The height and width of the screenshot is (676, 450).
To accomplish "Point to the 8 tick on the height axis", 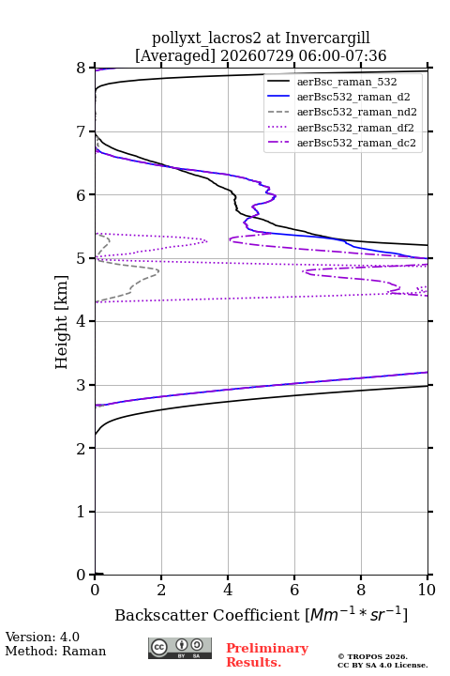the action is coord(81,69).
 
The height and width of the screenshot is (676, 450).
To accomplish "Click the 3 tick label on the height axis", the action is coord(81,385).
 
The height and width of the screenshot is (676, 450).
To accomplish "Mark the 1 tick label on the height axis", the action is coord(81,512).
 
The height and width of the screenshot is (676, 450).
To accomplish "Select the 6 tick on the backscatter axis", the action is coord(294,590).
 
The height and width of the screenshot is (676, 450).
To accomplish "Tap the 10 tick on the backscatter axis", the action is coord(427,590).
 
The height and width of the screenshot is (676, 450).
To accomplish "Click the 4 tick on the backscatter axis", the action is coord(228,590).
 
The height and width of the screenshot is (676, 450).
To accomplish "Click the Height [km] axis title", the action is coord(62,322).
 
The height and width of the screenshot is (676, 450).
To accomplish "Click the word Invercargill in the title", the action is coord(327,38).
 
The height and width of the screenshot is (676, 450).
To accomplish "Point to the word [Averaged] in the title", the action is coord(174,55).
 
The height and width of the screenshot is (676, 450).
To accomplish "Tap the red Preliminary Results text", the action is coord(267,655).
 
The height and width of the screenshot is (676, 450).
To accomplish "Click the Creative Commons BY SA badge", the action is coord(180,648).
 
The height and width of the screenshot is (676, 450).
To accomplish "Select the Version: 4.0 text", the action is coord(42,637).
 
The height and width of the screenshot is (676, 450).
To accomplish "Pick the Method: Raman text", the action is coord(55,651).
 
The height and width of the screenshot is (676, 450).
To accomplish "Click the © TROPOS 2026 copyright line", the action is coord(373,656).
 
